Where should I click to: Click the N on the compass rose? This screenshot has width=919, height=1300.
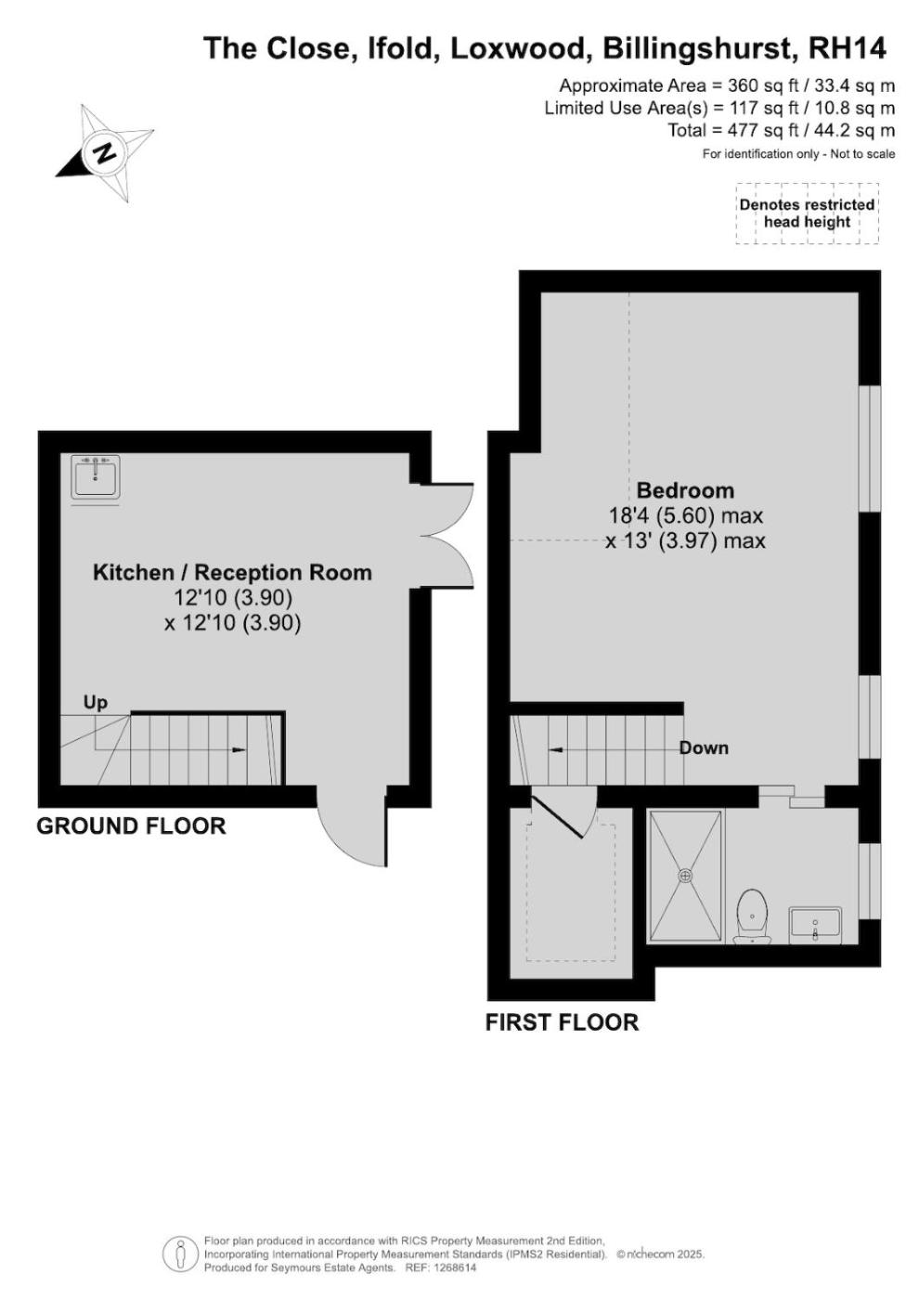pos(105,152)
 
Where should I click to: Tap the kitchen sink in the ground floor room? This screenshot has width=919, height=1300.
pos(96,477)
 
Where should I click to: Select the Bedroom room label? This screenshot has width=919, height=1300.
pos(685,490)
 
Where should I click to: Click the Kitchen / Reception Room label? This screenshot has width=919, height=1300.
pos(232,572)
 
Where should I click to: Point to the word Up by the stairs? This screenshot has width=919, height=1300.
pos(96,703)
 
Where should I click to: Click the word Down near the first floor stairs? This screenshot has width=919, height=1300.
pos(704,747)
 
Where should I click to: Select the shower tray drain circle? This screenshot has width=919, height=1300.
pos(686,875)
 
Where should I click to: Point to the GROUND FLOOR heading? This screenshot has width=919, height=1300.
pos(131,825)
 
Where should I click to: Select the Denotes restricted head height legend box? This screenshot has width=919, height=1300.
pos(807,213)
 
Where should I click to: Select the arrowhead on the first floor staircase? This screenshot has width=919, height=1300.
pos(556,750)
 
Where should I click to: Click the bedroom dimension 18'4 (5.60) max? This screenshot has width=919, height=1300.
pos(685,514)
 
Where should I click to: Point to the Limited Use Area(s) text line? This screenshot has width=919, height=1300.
pos(719,108)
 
